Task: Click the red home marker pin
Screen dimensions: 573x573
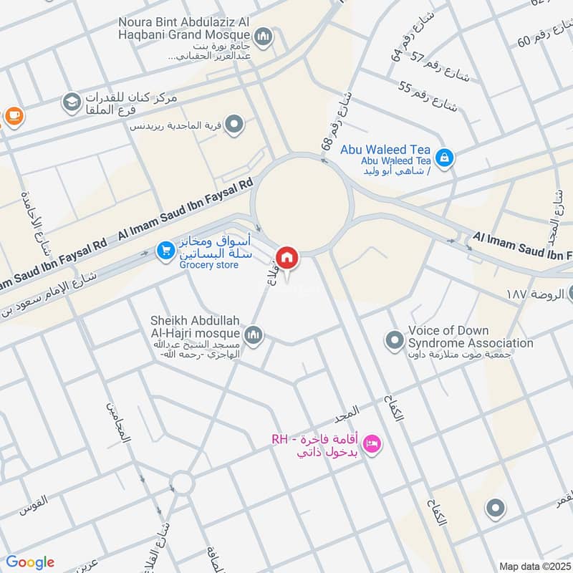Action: (x=287, y=257)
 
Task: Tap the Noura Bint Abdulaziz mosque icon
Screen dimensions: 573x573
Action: (x=264, y=35)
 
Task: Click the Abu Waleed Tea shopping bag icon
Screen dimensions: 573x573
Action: (x=444, y=157)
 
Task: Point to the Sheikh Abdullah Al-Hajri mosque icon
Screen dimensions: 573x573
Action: (x=253, y=334)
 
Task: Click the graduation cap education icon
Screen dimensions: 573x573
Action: (x=71, y=102)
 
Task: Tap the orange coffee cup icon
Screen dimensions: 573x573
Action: (x=12, y=114)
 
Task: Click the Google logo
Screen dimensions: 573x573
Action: (x=30, y=562)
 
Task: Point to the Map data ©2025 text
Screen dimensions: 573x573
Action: (x=534, y=566)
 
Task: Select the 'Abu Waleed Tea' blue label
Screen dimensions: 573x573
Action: (x=385, y=149)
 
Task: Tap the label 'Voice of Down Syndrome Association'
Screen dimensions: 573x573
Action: (x=470, y=337)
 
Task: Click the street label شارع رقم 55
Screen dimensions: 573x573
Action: (x=428, y=98)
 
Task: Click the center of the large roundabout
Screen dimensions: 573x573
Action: (x=303, y=204)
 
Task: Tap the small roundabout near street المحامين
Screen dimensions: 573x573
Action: (x=183, y=483)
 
